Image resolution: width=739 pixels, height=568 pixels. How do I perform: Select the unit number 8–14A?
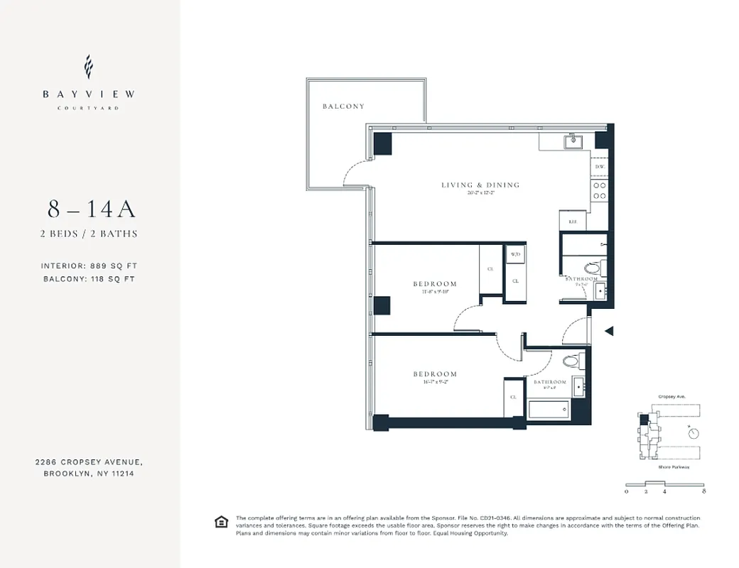click(91, 209)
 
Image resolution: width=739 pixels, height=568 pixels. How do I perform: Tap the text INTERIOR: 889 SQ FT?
click(88, 266)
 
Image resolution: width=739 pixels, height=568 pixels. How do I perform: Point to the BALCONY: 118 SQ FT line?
click(88, 279)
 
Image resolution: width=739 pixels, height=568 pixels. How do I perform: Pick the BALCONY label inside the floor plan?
click(343, 106)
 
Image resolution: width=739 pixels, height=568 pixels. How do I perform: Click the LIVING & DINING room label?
click(480, 185)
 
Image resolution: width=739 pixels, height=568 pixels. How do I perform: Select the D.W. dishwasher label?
click(600, 167)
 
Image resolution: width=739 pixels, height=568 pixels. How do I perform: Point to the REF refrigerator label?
click(573, 222)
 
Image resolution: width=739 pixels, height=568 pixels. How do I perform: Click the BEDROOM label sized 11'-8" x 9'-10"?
click(435, 284)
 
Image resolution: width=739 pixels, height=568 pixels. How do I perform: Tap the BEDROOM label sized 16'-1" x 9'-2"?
click(435, 374)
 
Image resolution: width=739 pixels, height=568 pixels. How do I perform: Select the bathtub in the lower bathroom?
click(549, 410)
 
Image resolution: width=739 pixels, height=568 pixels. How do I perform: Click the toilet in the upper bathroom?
click(593, 268)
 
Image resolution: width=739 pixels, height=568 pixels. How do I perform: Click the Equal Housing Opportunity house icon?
click(222, 523)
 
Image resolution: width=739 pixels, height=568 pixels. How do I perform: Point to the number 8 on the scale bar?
click(703, 491)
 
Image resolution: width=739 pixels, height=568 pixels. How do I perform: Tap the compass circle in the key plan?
click(694, 432)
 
